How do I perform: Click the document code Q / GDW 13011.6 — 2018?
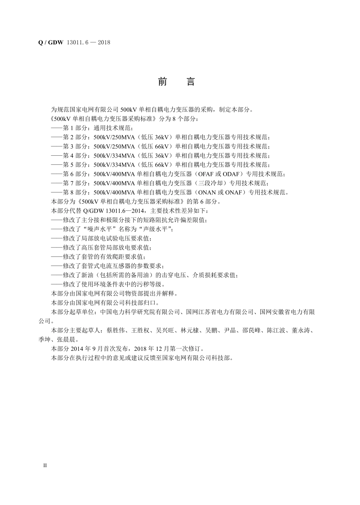(x=74, y=42)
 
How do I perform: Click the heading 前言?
(x=176, y=82)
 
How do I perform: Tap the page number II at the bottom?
(x=45, y=465)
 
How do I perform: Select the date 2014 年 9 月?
(x=89, y=349)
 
